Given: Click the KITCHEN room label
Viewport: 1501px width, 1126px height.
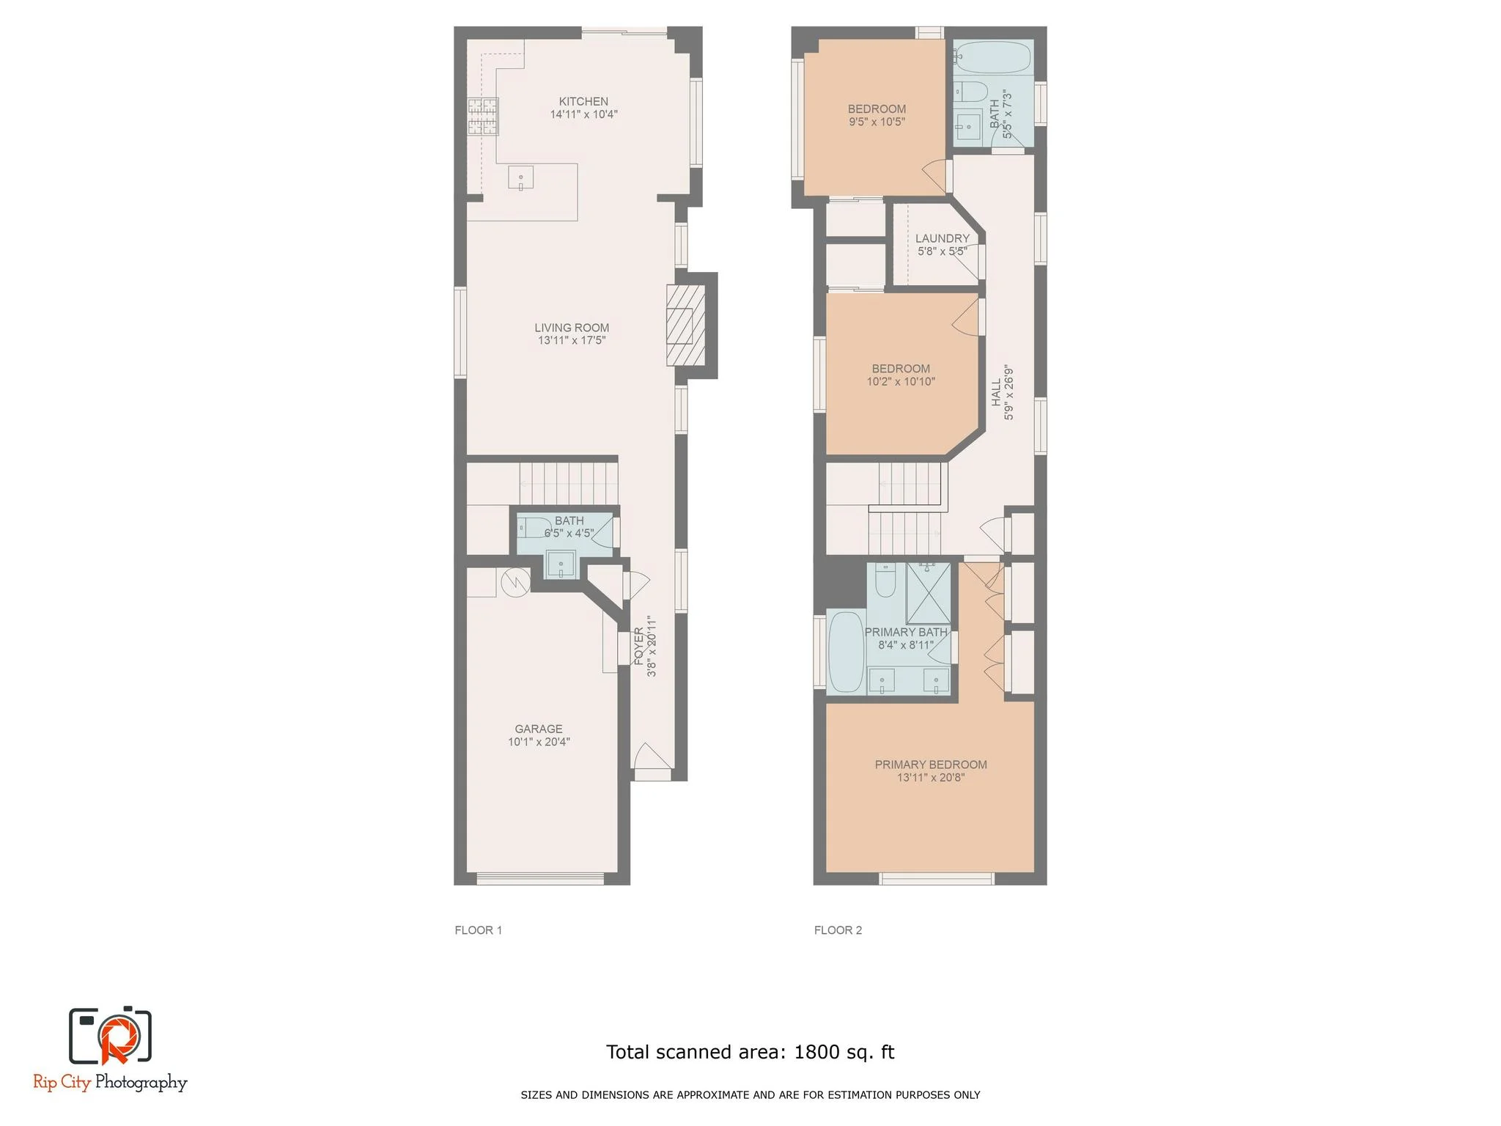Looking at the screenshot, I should tap(583, 102).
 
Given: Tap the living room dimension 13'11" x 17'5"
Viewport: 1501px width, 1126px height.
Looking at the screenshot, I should tap(572, 341).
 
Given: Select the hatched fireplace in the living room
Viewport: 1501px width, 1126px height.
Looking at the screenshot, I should tap(685, 325).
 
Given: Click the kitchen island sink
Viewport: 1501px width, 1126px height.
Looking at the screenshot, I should tap(520, 178).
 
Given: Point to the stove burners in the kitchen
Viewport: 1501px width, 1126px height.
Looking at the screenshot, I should tap(483, 117).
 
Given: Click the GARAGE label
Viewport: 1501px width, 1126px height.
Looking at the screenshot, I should tap(539, 729).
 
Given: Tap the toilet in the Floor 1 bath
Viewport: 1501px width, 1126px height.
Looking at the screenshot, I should tap(534, 527).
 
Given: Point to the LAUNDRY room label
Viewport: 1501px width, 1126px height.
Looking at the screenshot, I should tap(942, 238).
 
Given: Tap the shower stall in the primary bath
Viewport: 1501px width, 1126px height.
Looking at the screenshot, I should tap(928, 593).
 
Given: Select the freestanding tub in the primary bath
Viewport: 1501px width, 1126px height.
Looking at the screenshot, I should tap(846, 652).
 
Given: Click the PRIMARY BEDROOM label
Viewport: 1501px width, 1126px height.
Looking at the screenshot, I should tap(931, 765).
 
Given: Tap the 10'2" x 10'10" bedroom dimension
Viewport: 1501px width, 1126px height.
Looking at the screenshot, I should tap(901, 382).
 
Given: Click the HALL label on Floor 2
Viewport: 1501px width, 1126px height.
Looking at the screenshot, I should tap(996, 392).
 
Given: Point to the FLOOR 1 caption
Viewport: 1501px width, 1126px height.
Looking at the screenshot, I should tap(478, 930).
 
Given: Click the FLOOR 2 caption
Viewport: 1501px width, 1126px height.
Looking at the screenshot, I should tap(838, 930).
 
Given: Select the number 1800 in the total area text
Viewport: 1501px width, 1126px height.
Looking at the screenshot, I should tap(816, 1052).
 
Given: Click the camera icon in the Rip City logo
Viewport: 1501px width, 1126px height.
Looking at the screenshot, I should tap(110, 1035).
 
